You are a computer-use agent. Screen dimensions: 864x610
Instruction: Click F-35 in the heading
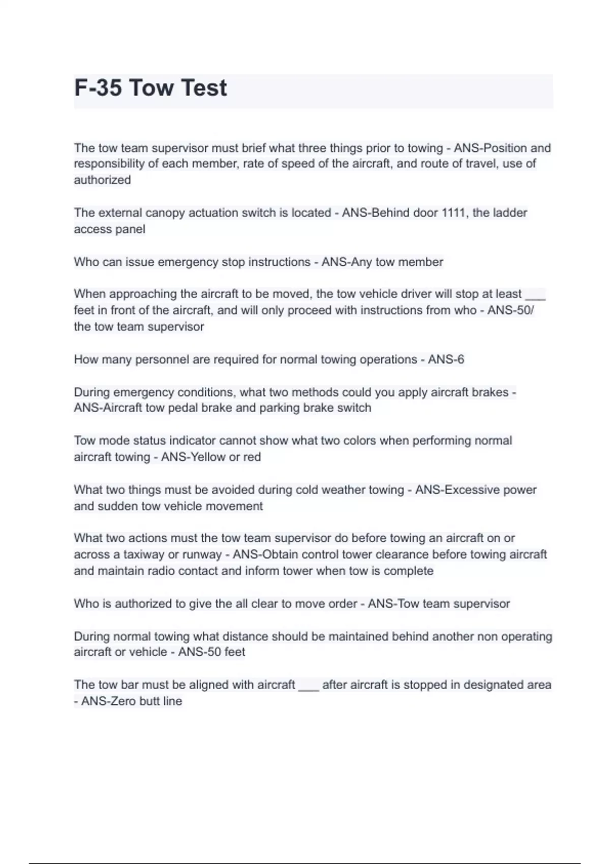point(98,87)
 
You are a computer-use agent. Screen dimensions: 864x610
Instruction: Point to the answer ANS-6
point(446,359)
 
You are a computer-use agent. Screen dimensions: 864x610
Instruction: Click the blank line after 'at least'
point(535,295)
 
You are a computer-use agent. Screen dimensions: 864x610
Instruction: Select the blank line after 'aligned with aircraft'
point(309,687)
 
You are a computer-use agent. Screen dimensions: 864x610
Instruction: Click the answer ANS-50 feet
point(211,652)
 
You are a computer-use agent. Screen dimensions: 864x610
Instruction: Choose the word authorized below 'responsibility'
point(102,179)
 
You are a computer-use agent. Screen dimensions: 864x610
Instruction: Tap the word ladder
point(510,212)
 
